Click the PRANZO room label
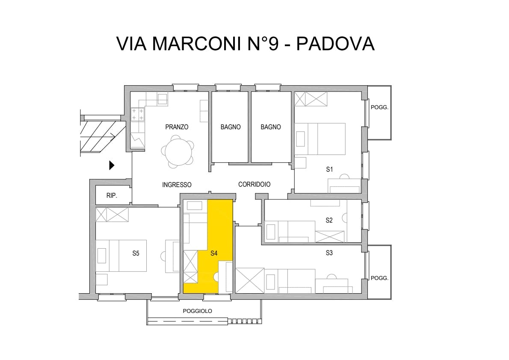pyautogui.click(x=177, y=127)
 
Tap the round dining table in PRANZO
pyautogui.click(x=178, y=152)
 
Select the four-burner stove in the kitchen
pyautogui.click(x=138, y=114)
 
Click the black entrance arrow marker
pyautogui.click(x=112, y=165)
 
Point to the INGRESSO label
pyautogui.click(x=177, y=185)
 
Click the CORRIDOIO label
pyautogui.click(x=254, y=184)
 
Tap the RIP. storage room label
pyautogui.click(x=112, y=196)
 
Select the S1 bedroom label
pyautogui.click(x=329, y=169)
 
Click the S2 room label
pyautogui.click(x=329, y=220)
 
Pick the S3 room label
pyautogui.click(x=329, y=253)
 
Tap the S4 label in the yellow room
pyautogui.click(x=213, y=253)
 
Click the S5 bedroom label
pyautogui.click(x=136, y=253)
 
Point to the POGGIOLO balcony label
pyautogui.click(x=197, y=311)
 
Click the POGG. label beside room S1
pyautogui.click(x=379, y=107)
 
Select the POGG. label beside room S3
pyautogui.click(x=379, y=278)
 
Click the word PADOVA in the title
pyautogui.click(x=336, y=44)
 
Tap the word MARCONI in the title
pyautogui.click(x=198, y=44)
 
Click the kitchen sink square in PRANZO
pyautogui.click(x=162, y=99)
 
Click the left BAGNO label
pyautogui.click(x=231, y=127)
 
